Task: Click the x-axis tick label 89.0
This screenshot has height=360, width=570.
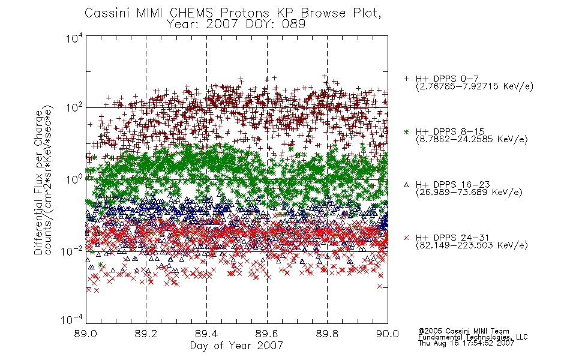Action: pos(86,334)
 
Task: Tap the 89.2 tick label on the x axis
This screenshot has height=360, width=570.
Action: pos(146,334)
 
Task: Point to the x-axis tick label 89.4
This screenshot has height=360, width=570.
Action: pos(206,334)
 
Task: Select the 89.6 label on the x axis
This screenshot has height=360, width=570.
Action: pos(267,334)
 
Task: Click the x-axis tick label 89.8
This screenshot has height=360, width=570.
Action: pos(327,334)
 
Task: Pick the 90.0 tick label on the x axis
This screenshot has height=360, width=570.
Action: pos(388,334)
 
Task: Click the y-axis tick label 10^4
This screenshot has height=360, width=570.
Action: pos(74,38)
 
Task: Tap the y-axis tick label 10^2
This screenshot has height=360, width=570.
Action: pos(74,107)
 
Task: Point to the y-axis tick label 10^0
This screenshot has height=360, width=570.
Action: pos(74,179)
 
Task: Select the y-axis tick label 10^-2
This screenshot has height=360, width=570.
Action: pos(73,250)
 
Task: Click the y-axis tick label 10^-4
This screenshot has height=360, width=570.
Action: pos(73,320)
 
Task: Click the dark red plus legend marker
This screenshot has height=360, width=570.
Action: pos(406,79)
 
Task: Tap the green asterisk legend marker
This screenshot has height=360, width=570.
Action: pos(406,131)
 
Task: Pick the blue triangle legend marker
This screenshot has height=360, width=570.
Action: pos(406,185)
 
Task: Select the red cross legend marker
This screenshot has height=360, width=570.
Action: pos(406,238)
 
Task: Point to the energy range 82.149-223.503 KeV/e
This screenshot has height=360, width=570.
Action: pos(472,245)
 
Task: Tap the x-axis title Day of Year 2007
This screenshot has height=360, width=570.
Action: pos(236,346)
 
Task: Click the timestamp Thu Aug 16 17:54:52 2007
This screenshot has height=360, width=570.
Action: pos(466,343)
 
